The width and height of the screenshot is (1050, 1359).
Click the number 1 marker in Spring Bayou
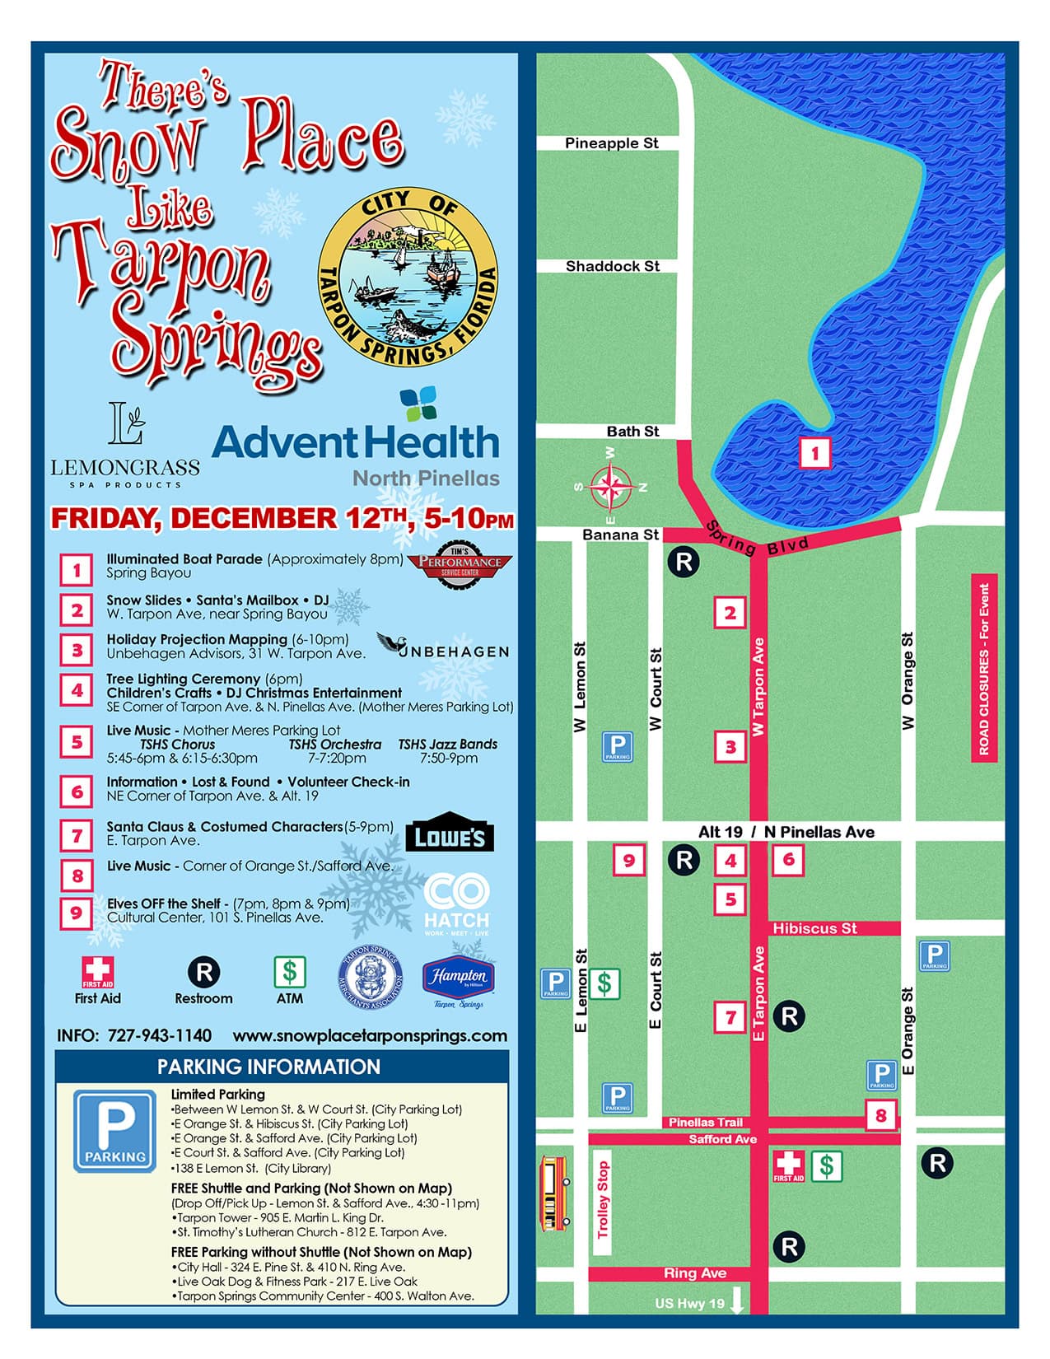pos(814,453)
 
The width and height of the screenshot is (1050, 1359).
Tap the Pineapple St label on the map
pos(611,143)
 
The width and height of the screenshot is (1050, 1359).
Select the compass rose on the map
pos(609,486)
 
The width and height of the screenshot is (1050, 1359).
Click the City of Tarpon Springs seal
pos(408,278)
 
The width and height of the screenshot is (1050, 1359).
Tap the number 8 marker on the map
pos(880,1115)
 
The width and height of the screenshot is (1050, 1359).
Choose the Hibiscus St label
pos(814,928)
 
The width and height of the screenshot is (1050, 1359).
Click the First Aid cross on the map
pos(788,1165)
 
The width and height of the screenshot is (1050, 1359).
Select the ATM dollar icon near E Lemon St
pos(604,983)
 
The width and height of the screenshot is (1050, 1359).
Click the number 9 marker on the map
pos(628,861)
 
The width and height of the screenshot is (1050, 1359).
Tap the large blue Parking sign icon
pos(114,1130)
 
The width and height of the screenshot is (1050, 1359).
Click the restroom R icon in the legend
pos(203,972)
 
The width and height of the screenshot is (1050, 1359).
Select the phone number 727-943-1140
pos(159,1035)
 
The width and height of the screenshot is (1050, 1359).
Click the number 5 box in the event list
pos(77,742)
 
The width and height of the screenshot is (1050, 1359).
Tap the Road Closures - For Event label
pos(984,668)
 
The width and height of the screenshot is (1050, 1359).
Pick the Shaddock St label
pos(612,266)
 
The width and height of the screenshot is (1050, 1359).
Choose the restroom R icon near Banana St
pos(683,562)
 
